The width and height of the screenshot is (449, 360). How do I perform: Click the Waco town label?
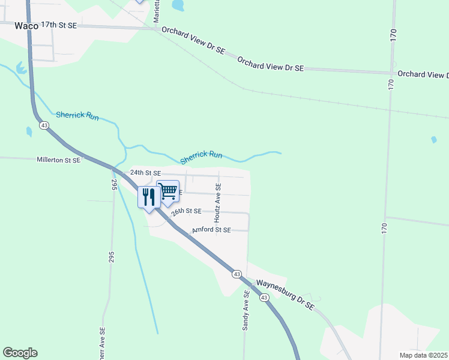click(26, 26)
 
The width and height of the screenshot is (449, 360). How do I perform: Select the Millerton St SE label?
click(58, 160)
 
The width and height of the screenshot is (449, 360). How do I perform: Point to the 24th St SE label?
click(146, 173)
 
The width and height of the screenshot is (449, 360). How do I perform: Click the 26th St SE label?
click(185, 211)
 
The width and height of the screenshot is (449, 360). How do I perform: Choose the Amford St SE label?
click(211, 230)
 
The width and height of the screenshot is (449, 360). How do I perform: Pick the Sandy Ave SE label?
click(246, 311)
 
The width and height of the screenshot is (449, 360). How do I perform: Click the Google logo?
click(20, 353)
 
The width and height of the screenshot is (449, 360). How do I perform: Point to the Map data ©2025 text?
click(424, 355)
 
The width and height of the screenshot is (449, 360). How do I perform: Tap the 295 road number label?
click(113, 184)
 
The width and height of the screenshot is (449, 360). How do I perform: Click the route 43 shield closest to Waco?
click(44, 126)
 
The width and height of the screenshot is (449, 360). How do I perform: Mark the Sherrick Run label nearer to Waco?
click(77, 115)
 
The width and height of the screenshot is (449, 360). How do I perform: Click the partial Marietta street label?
click(156, 12)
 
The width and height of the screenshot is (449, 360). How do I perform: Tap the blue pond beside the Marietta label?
click(177, 5)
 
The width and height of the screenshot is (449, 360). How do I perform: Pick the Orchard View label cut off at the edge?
click(423, 74)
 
